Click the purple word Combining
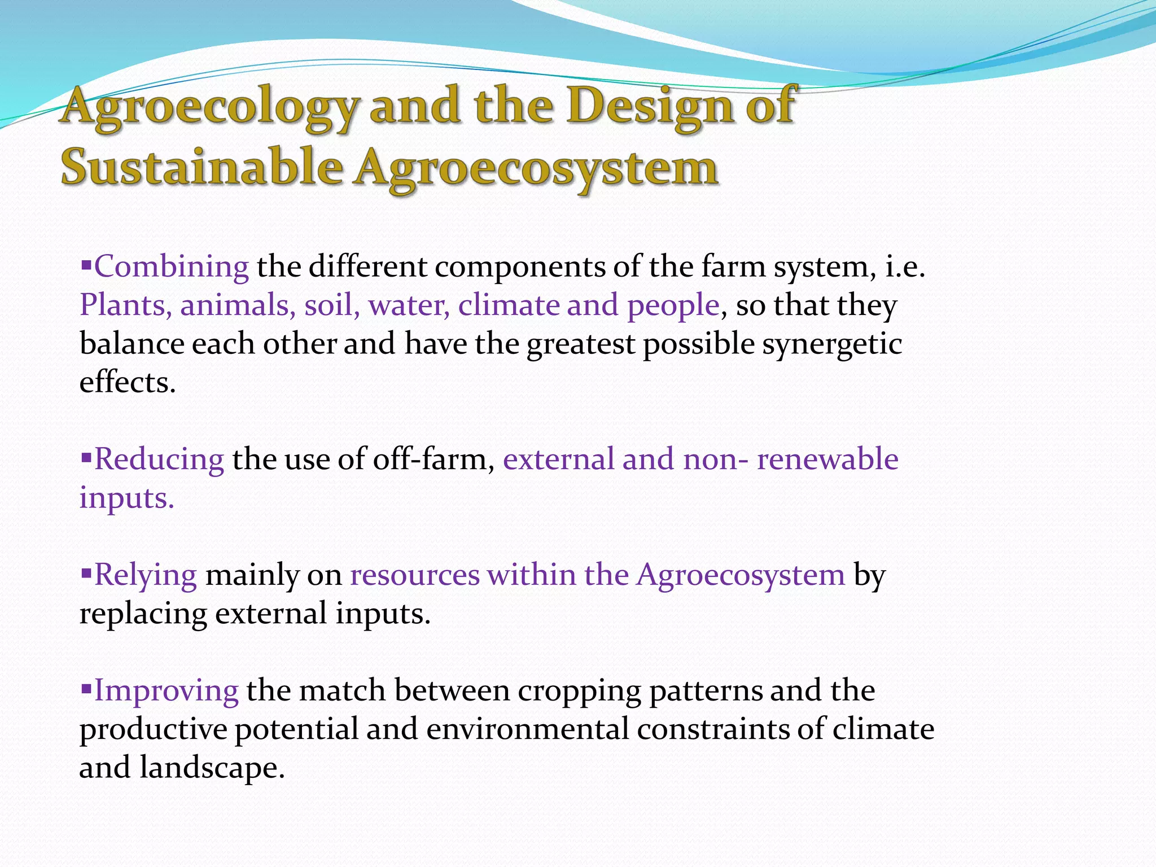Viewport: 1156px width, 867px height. click(171, 266)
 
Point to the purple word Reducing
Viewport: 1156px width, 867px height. click(159, 459)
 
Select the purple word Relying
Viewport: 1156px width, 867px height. click(146, 575)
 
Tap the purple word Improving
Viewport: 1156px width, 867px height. click(166, 690)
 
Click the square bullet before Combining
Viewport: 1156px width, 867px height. click(86, 264)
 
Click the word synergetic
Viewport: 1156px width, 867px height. click(832, 344)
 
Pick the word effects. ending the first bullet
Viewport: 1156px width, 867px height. click(128, 383)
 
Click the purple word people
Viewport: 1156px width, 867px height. click(673, 305)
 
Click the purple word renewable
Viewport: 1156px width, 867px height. click(827, 459)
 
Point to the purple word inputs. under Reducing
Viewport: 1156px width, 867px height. click(126, 498)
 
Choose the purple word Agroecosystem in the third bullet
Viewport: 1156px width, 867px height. click(741, 575)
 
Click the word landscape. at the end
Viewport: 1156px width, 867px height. click(212, 768)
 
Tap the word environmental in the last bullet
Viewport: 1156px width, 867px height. click(527, 729)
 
